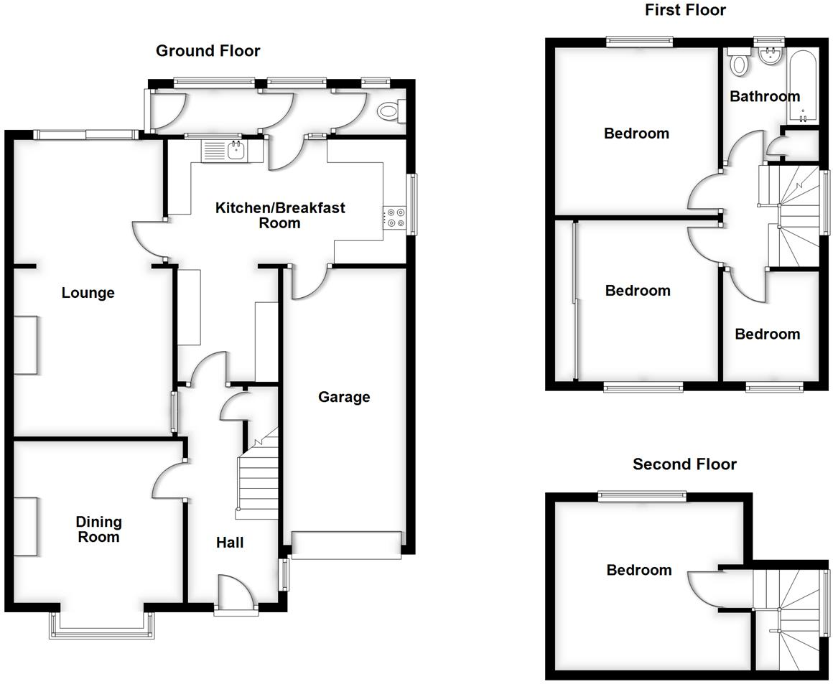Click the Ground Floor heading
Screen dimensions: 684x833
pyautogui.click(x=208, y=51)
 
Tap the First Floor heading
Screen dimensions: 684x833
pyautogui.click(x=684, y=10)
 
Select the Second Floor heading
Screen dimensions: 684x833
pyautogui.click(x=684, y=464)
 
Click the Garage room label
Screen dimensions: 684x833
pyautogui.click(x=344, y=397)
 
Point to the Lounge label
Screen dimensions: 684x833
pyautogui.click(x=88, y=293)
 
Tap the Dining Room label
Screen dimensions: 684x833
pyautogui.click(x=99, y=530)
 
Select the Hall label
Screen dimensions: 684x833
pyautogui.click(x=230, y=543)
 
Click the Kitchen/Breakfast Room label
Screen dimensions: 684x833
pyautogui.click(x=280, y=215)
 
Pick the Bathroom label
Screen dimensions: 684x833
pyautogui.click(x=764, y=96)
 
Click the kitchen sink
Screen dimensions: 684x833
pyautogui.click(x=225, y=151)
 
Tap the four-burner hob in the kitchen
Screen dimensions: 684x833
pyautogui.click(x=394, y=217)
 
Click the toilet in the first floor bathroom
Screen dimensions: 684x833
pyautogui.click(x=738, y=63)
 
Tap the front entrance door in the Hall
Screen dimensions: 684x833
pyautogui.click(x=236, y=594)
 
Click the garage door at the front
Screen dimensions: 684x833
pyautogui.click(x=346, y=545)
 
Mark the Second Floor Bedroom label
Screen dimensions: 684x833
pyautogui.click(x=639, y=570)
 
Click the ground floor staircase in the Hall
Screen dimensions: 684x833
pyautogui.click(x=258, y=477)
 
